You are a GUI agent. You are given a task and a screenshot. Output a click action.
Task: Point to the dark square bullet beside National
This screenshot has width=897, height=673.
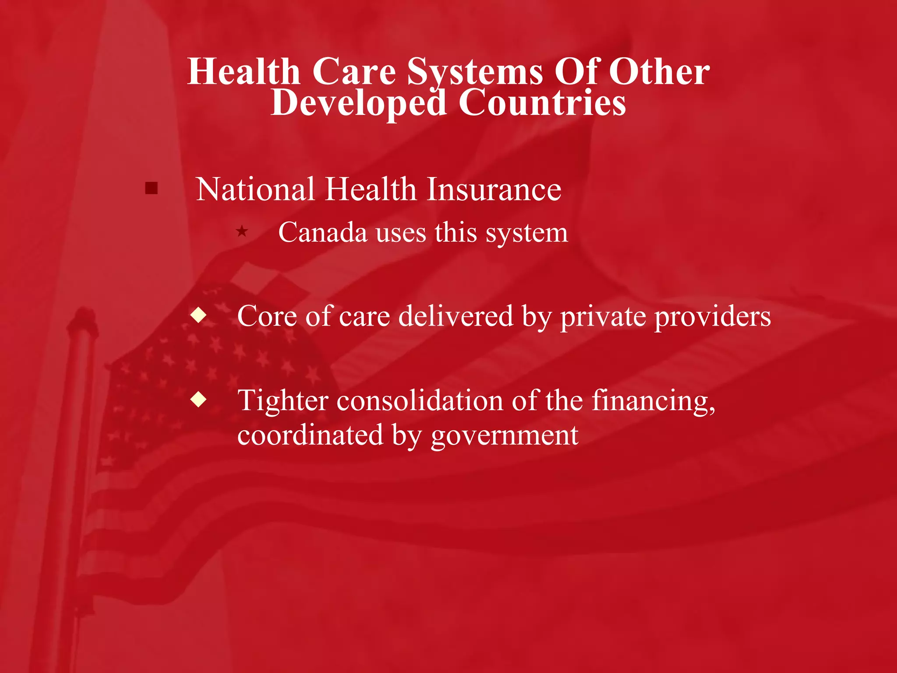coord(151,188)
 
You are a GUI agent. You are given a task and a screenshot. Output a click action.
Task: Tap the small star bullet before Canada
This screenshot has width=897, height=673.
coord(242,231)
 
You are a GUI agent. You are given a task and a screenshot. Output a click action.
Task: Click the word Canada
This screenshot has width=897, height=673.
coord(322,232)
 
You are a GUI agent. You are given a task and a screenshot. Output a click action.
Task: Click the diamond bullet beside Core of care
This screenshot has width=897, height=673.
coord(198,315)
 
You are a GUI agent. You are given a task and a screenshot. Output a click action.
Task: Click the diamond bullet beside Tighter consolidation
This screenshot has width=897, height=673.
coord(198,399)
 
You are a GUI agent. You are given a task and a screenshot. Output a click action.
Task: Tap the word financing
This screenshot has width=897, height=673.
coord(653,401)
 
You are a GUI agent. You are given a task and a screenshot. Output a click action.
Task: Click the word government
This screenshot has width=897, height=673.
coord(504,436)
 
